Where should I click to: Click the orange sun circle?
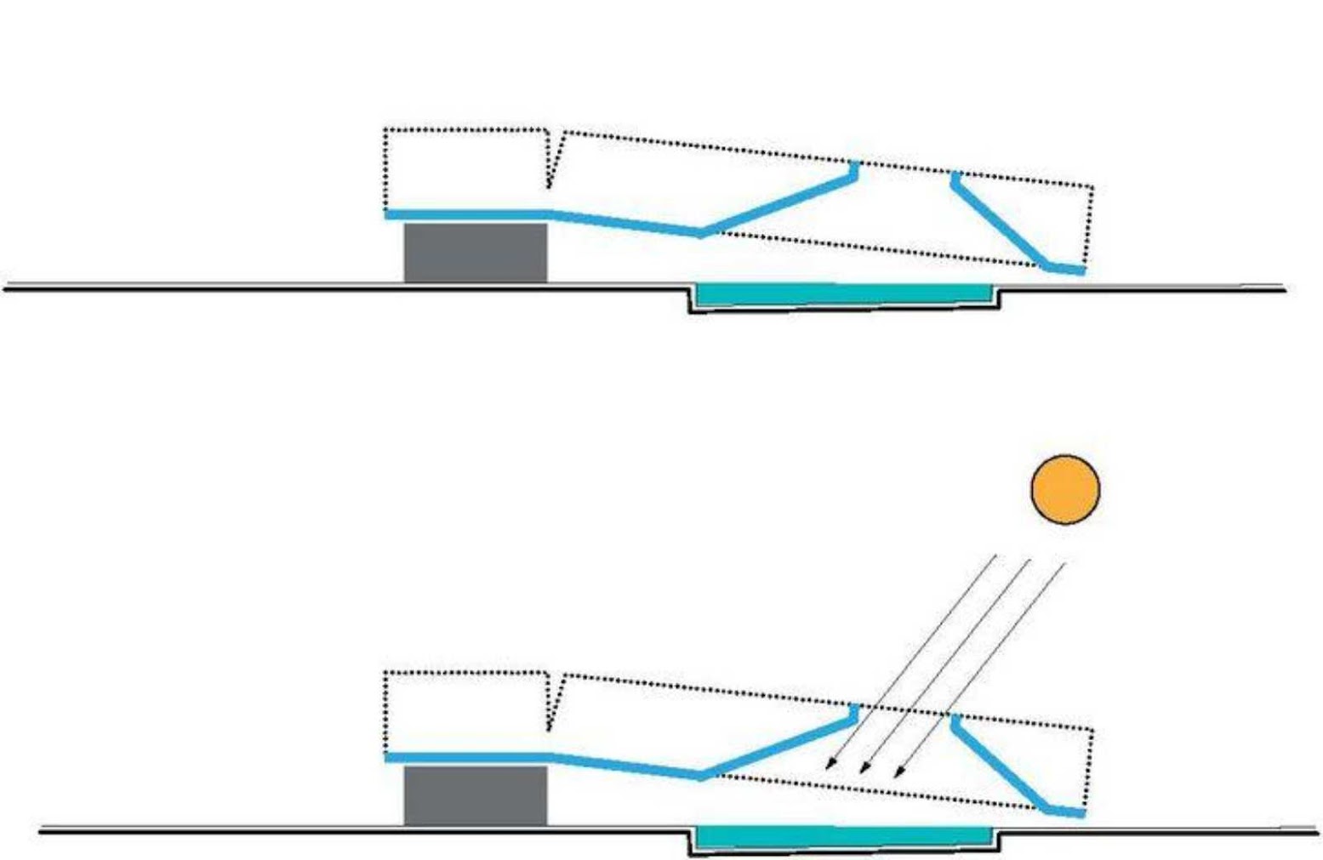pos(1065,489)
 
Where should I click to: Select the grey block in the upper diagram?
pos(475,252)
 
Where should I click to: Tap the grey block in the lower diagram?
pos(475,795)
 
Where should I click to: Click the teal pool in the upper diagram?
pos(842,294)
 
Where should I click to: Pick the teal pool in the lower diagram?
pos(842,837)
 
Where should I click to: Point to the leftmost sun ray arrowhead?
pos(828,769)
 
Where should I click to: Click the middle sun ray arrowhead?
pos(863,772)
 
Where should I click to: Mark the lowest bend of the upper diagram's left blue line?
pos(700,232)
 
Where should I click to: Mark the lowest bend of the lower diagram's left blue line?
pos(700,775)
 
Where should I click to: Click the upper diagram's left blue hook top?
pos(855,165)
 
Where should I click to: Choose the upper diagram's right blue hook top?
pos(954,177)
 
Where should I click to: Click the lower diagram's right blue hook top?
pos(954,720)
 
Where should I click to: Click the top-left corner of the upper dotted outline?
pos(385,130)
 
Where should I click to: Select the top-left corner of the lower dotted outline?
pos(385,674)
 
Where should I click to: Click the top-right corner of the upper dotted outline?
pos(1092,186)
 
